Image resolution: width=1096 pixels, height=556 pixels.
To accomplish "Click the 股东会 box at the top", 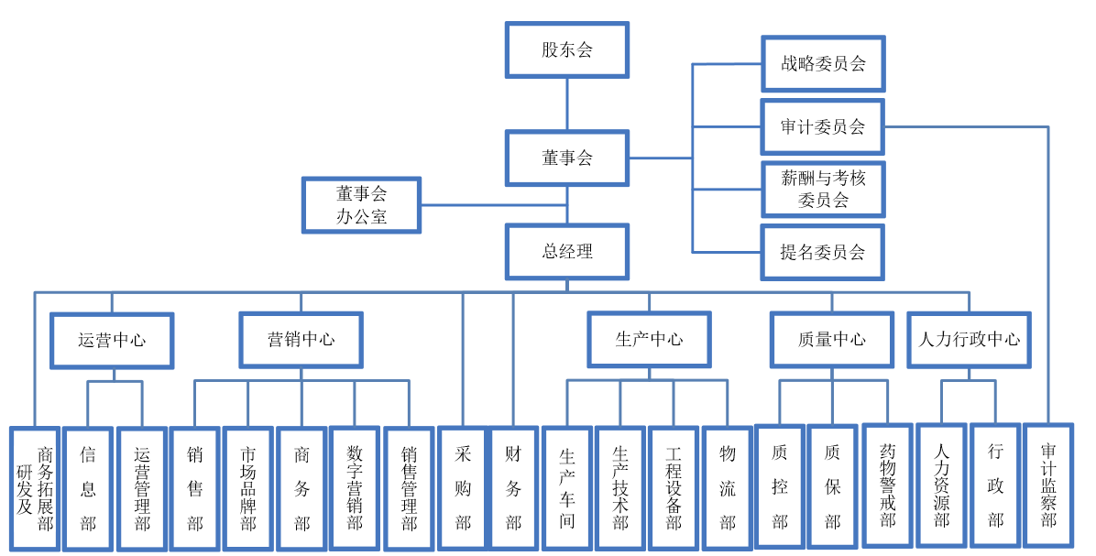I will click(566, 49).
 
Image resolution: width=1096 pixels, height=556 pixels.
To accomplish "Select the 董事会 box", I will click(566, 158).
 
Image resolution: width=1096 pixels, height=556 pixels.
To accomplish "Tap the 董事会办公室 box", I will click(361, 204).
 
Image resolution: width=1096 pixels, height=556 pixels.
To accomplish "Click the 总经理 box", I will click(566, 251).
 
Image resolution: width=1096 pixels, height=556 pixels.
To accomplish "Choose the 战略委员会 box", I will click(822, 64).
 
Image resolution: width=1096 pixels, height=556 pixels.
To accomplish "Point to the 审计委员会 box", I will click(822, 126).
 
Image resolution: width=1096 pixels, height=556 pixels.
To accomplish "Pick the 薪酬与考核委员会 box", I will click(822, 189).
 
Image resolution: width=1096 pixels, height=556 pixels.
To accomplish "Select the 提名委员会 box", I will click(822, 252).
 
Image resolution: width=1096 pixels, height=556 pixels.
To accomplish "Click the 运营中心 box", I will click(112, 340).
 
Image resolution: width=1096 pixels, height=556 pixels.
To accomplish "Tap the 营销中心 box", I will click(301, 339).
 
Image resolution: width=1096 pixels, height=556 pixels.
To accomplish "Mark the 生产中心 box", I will click(649, 339).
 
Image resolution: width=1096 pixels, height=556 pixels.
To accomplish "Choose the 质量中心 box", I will click(831, 339).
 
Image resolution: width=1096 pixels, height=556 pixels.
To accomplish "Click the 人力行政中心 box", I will click(969, 339).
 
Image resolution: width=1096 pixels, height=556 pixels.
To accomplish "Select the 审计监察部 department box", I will click(1048, 486).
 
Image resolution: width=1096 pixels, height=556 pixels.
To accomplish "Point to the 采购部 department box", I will click(463, 487).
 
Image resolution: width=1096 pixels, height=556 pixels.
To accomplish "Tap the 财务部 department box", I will click(513, 487).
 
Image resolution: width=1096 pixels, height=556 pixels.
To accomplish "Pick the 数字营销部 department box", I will click(355, 487).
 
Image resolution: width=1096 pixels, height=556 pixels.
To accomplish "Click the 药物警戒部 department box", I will click(887, 486).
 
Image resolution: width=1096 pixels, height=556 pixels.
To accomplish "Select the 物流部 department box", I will click(728, 488).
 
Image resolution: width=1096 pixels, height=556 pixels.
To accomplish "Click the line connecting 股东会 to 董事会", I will click(566, 104).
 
